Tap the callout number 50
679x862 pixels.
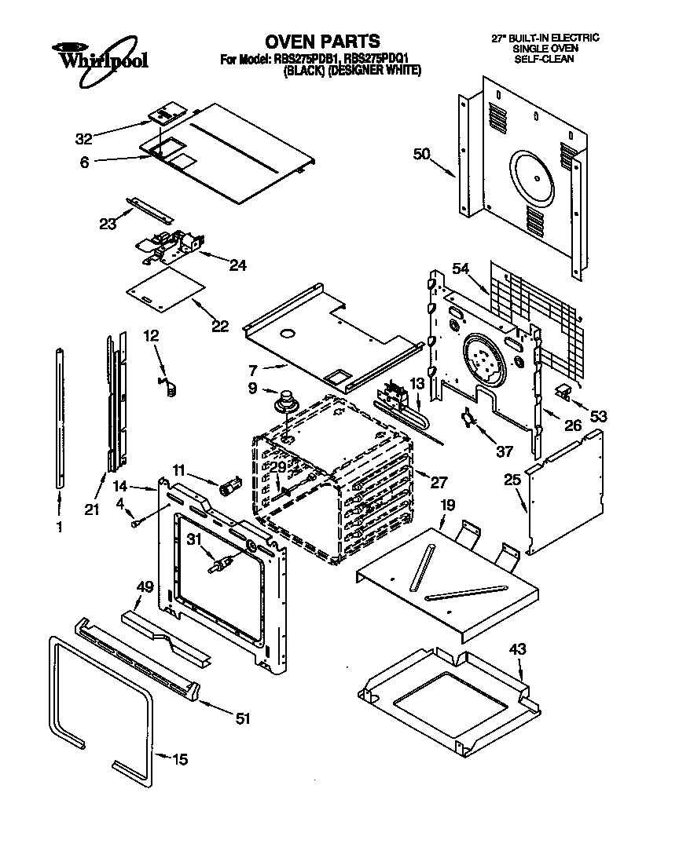[x=423, y=155]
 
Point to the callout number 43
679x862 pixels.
[x=517, y=649]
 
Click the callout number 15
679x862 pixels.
[x=179, y=759]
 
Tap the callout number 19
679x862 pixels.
[x=447, y=506]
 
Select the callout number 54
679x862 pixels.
[x=461, y=269]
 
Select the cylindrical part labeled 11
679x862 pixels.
[x=229, y=485]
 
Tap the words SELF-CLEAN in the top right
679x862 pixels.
[x=545, y=59]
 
